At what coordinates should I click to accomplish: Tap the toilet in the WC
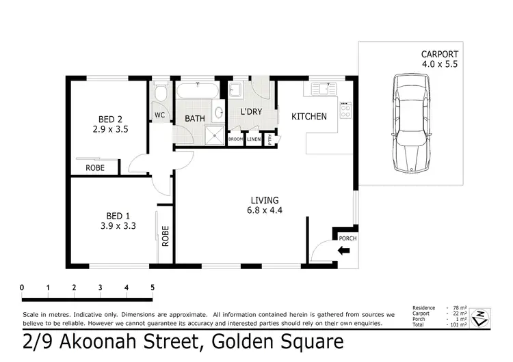click(x=159, y=92)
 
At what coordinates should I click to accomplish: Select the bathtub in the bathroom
click(x=198, y=92)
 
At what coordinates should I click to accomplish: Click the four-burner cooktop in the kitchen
click(x=346, y=110)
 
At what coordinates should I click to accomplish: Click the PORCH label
click(x=348, y=238)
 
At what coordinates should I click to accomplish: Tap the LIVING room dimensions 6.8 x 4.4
click(x=266, y=210)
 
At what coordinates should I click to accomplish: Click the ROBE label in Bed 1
click(x=165, y=236)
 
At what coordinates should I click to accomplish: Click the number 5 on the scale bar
click(x=152, y=287)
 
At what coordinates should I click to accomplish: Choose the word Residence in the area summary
click(x=425, y=308)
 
